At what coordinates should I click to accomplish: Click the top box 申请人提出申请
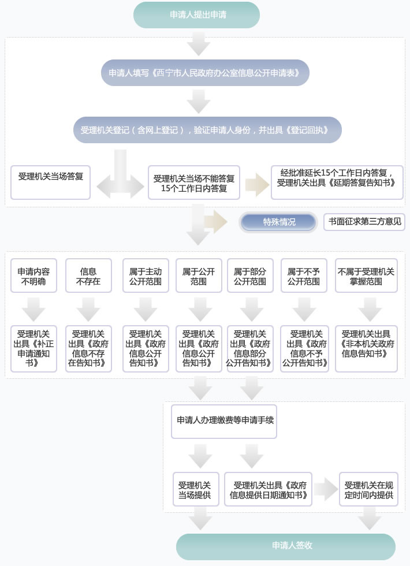[x=196, y=15]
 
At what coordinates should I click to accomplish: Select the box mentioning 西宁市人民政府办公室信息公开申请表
[x=205, y=73]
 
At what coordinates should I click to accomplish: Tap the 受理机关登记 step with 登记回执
[x=207, y=131]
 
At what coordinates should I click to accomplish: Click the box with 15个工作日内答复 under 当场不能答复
[x=194, y=183]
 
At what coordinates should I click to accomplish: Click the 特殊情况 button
[x=279, y=222]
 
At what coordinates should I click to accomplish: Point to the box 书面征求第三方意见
[x=364, y=221]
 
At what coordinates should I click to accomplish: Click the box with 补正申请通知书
[x=34, y=348]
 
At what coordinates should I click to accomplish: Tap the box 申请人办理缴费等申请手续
[x=224, y=420]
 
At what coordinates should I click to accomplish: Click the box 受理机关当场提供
[x=196, y=489]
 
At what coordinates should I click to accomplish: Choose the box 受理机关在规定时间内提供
[x=368, y=489]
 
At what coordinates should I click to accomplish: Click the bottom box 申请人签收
[x=285, y=546]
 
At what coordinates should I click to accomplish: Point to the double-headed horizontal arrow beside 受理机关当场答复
[x=120, y=186]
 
